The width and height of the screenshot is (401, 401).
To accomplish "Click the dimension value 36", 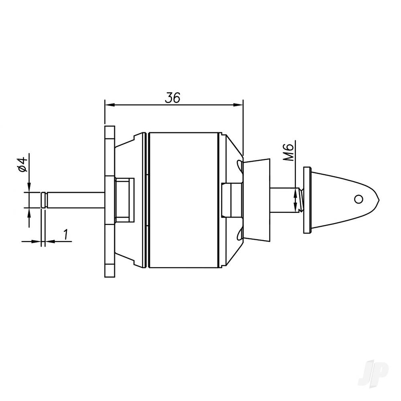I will coord(173,97).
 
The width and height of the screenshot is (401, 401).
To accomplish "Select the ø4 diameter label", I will coord(22,164).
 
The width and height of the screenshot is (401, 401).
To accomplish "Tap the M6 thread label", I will coord(292,153).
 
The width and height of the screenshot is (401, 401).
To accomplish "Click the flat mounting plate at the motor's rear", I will coord(109,200).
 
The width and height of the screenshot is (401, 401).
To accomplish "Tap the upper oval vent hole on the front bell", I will coord(239,164).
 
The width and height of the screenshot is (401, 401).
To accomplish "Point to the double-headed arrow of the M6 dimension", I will coord(296,200).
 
